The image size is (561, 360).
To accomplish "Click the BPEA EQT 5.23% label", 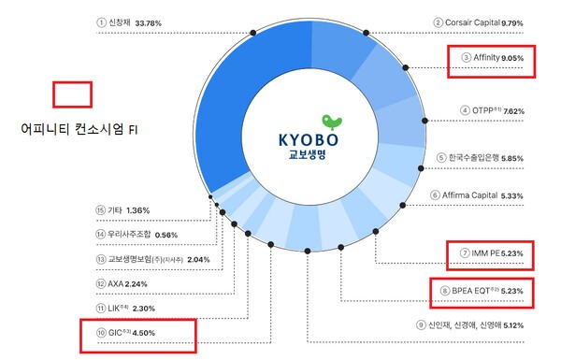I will [x=485, y=294].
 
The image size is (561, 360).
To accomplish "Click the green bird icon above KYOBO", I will [x=328, y=122].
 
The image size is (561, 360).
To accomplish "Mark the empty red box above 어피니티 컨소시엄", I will [x=73, y=94].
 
